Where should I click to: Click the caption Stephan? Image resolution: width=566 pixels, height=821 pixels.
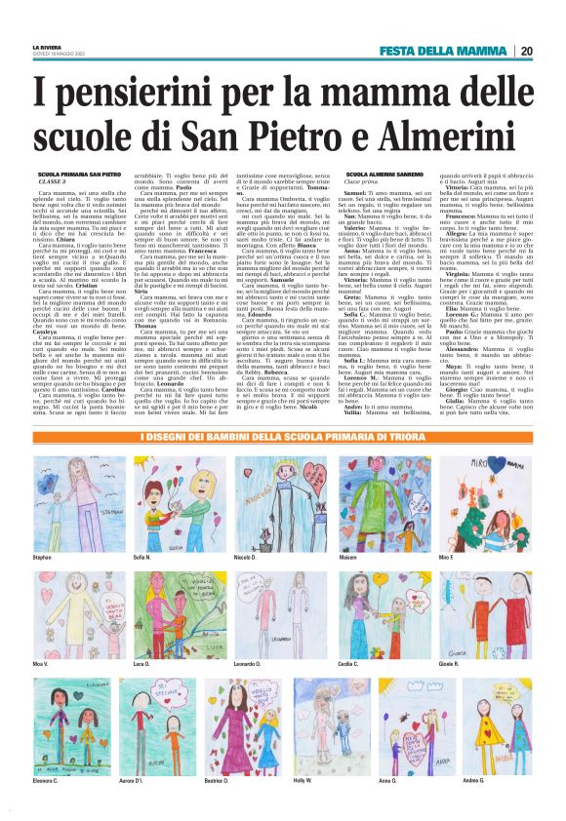coord(42,557)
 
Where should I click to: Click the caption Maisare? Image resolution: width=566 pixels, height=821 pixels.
coord(375,557)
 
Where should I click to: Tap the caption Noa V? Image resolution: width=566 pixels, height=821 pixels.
coord(41,664)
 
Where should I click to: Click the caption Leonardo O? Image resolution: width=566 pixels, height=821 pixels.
coord(269,664)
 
